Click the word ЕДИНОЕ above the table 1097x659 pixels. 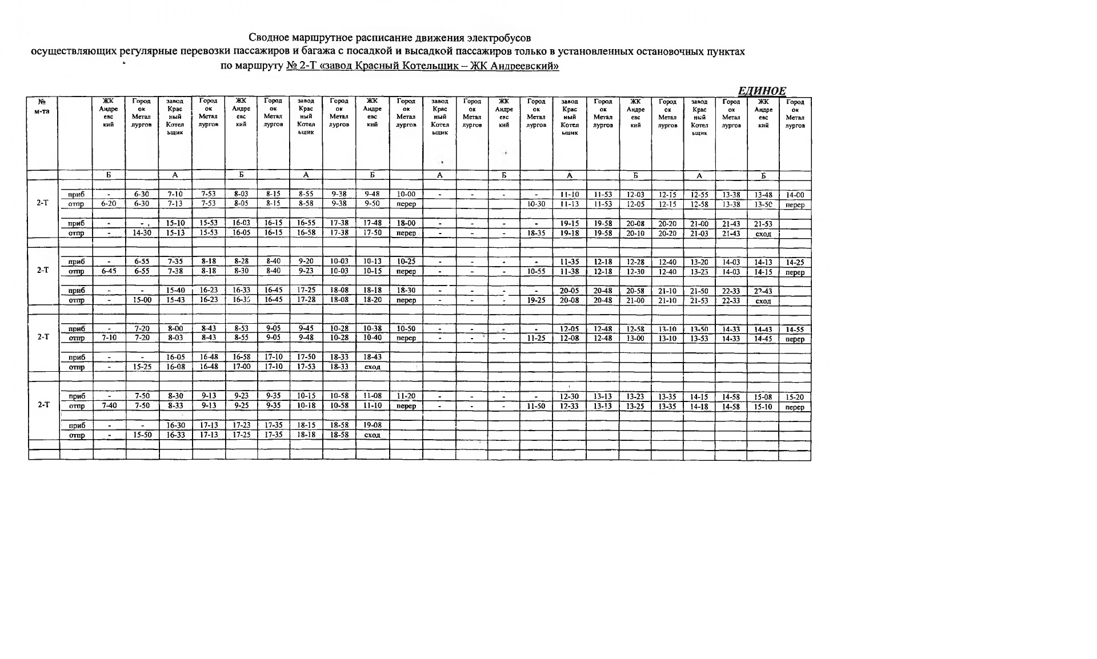tap(762, 91)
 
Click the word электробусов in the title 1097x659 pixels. tap(499, 38)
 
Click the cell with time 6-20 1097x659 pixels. tap(109, 204)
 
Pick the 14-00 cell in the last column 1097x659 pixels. tap(795, 195)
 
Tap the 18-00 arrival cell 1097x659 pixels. tap(406, 223)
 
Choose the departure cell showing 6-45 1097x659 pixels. tap(109, 271)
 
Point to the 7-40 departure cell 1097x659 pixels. tap(109, 406)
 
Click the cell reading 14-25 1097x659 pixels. tap(795, 262)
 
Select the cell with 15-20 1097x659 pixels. tap(795, 397)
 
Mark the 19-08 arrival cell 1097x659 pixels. tap(373, 425)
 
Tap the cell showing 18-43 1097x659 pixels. tap(373, 357)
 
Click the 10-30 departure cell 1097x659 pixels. tap(536, 204)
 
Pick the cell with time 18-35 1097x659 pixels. tap(536, 233)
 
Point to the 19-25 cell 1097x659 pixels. tap(536, 300)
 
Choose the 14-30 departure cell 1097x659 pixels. tap(142, 233)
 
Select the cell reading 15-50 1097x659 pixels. tap(142, 435)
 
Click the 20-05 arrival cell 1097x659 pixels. tap(569, 291)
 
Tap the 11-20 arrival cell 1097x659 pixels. tap(406, 396)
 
